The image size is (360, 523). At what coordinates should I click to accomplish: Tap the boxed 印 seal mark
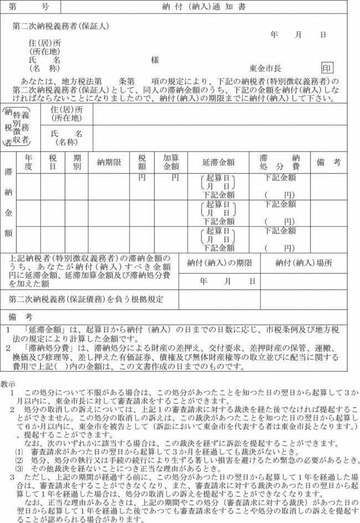tap(328, 68)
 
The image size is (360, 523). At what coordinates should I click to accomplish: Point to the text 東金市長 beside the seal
tap(265, 69)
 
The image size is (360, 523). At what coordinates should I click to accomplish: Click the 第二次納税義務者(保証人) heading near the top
tap(61, 26)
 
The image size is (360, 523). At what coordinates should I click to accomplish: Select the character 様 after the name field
tap(155, 60)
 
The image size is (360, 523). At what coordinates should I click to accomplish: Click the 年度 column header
tap(29, 162)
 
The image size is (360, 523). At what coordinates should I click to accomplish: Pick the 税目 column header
tap(53, 162)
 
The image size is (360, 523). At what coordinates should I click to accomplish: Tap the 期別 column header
tap(76, 162)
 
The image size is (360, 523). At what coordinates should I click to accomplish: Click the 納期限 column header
tap(109, 162)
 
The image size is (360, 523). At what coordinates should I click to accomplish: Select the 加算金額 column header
tap(171, 162)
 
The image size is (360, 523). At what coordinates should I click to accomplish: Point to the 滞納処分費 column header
tap(280, 162)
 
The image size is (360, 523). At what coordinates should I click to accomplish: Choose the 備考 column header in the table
tap(328, 162)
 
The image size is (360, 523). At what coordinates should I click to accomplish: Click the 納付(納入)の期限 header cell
tap(220, 263)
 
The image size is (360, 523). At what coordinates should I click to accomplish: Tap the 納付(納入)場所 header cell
tap(304, 263)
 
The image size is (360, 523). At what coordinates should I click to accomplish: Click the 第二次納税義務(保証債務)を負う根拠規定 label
tap(86, 299)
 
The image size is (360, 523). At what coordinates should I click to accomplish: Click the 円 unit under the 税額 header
tap(142, 178)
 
